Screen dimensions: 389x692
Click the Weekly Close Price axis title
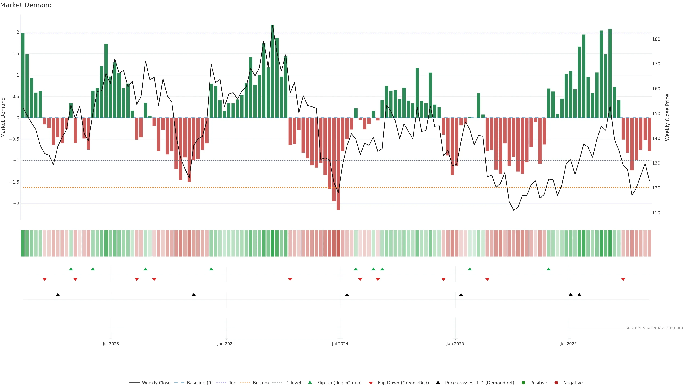667,117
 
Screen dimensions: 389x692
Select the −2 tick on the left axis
16,204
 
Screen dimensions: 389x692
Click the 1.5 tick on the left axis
16,54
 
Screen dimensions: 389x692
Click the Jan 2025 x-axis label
455,344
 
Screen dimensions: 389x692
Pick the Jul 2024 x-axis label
340,344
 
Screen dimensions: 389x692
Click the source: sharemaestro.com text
654,328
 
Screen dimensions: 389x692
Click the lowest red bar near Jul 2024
338,164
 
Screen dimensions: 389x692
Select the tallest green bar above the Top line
272,71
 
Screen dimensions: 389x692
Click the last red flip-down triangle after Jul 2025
623,280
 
